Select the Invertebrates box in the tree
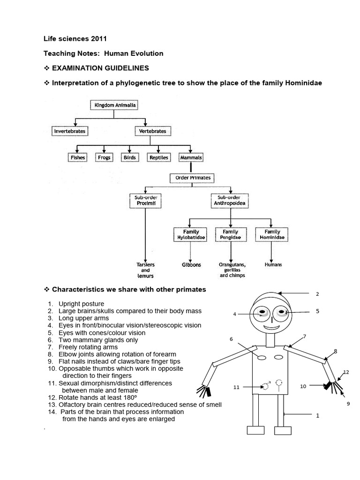point(70,131)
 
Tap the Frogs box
point(105,157)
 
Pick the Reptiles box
point(159,157)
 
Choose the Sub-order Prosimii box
point(145,201)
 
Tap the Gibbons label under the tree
point(191,265)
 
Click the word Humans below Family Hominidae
point(273,265)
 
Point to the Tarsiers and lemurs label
point(145,270)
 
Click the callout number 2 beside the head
point(317,294)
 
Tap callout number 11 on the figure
point(236,388)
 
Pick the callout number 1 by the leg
point(317,415)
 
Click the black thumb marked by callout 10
point(326,386)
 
